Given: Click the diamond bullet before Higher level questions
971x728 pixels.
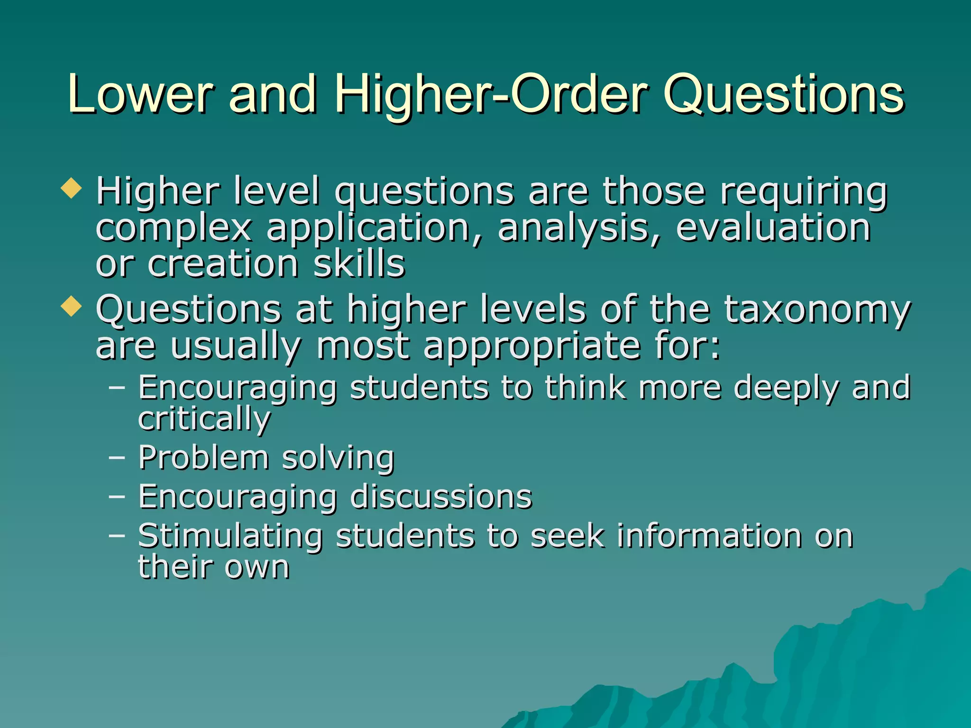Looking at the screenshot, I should [x=72, y=188].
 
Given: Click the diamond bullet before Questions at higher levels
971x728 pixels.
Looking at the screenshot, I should [x=72, y=306].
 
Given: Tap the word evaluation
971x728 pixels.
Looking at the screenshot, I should [x=773, y=227].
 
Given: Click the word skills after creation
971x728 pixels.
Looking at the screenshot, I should [x=359, y=264].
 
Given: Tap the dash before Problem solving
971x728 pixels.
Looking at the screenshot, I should [x=117, y=457].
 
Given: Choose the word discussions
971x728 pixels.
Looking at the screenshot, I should [x=441, y=497].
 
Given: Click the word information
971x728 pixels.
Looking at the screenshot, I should [x=709, y=536].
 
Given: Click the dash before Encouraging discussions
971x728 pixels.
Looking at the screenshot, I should [x=117, y=496].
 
